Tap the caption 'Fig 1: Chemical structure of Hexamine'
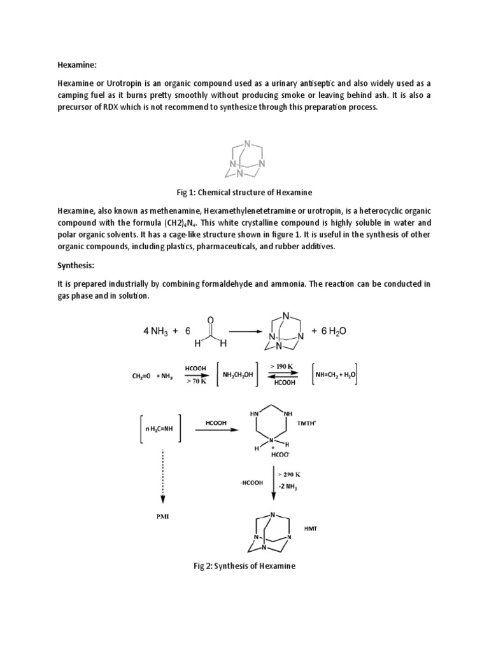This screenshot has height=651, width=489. tap(244, 192)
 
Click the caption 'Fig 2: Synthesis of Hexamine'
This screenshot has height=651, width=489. tap(244, 566)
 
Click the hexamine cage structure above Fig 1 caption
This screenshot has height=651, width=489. tap(244, 160)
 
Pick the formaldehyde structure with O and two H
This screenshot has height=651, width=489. tap(210, 331)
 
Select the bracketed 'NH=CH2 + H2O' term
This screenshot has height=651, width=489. tap(334, 374)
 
